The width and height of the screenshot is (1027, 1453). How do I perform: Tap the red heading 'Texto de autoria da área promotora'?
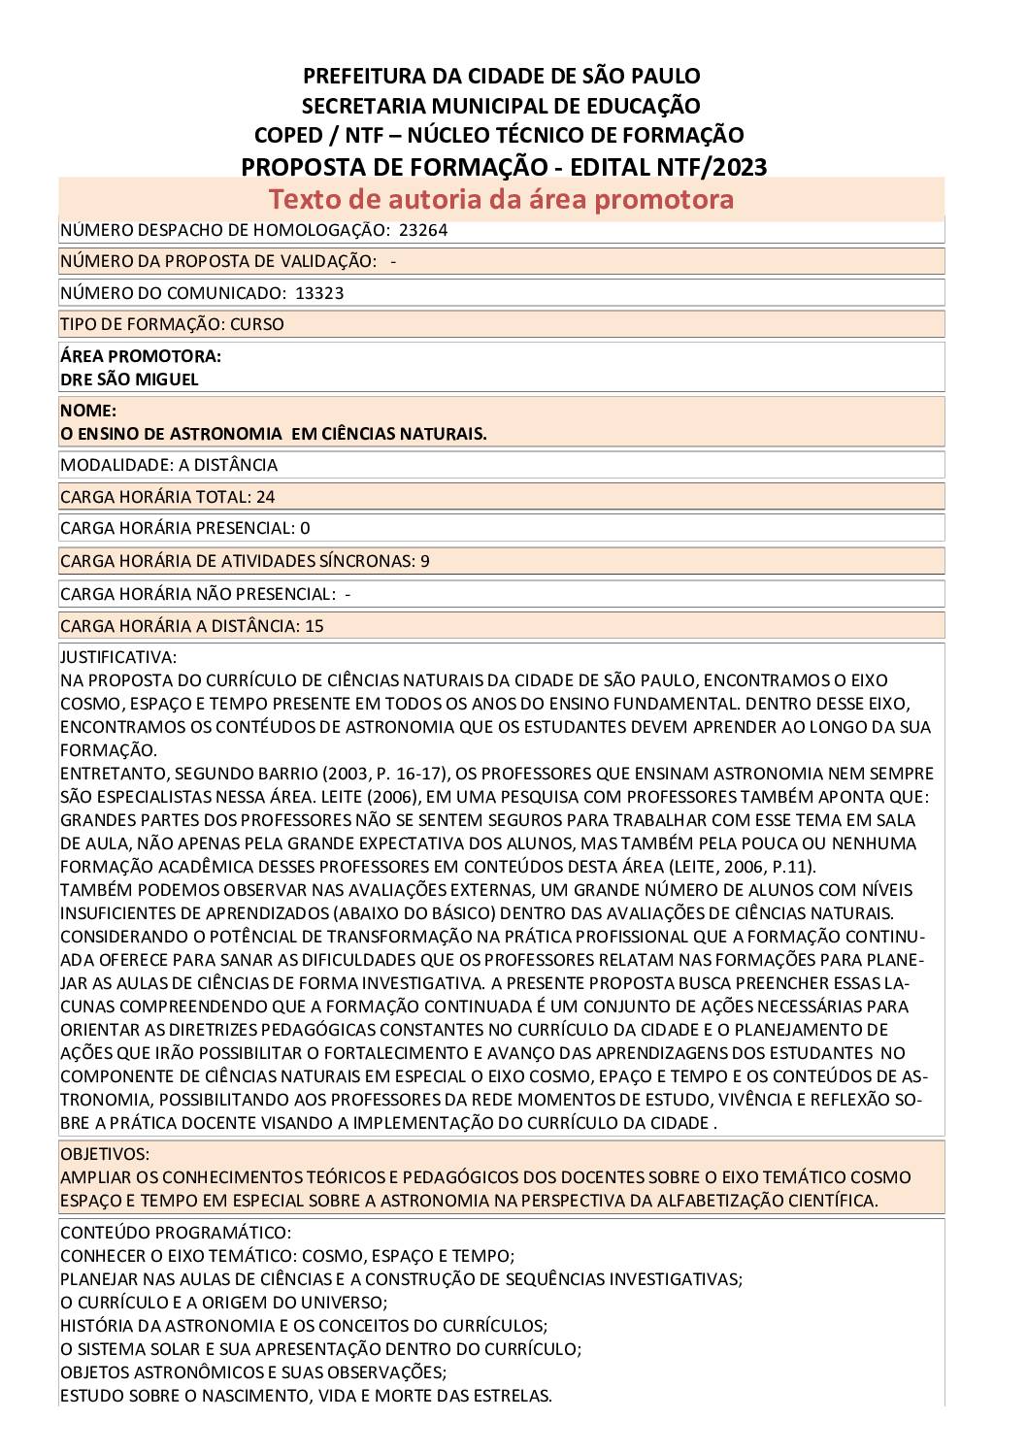[x=501, y=199]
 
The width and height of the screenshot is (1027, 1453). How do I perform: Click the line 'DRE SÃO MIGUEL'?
[x=129, y=380]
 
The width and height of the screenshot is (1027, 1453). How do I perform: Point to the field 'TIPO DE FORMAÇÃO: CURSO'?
[x=172, y=324]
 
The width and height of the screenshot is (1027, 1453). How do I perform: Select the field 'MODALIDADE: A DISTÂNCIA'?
[x=169, y=465]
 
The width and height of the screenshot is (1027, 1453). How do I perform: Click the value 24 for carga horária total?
[x=265, y=497]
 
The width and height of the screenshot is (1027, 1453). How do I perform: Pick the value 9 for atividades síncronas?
[x=425, y=561]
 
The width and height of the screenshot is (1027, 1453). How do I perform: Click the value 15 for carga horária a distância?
[x=314, y=626]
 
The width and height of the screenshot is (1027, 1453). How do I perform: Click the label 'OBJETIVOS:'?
[x=105, y=1154]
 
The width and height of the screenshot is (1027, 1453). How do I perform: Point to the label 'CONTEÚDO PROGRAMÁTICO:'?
[x=175, y=1233]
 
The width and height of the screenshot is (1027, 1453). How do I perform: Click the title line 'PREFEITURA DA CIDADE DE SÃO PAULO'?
[x=501, y=76]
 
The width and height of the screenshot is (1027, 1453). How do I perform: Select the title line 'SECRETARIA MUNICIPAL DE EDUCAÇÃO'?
[x=501, y=106]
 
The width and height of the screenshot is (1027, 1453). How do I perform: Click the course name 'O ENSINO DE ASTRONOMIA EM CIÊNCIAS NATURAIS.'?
[x=274, y=434]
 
